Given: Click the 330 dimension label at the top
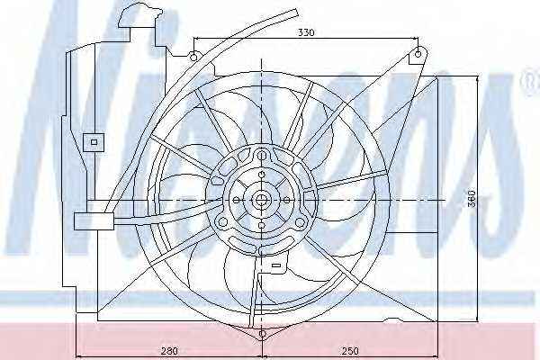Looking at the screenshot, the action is tap(306, 32).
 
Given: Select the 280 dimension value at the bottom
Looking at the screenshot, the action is tap(170, 351).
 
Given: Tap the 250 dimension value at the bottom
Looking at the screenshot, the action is tap(350, 351).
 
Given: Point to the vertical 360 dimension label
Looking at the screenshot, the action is tap(472, 198).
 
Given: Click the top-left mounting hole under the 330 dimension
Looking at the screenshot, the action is tap(193, 57).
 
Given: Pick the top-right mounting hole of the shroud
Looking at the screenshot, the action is tap(418, 54).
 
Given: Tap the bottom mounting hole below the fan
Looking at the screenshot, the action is tap(262, 334).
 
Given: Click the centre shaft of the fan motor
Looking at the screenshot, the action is tap(262, 199).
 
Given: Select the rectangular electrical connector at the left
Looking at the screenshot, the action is tap(94, 221).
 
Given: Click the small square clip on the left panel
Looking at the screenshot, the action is tap(94, 142).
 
